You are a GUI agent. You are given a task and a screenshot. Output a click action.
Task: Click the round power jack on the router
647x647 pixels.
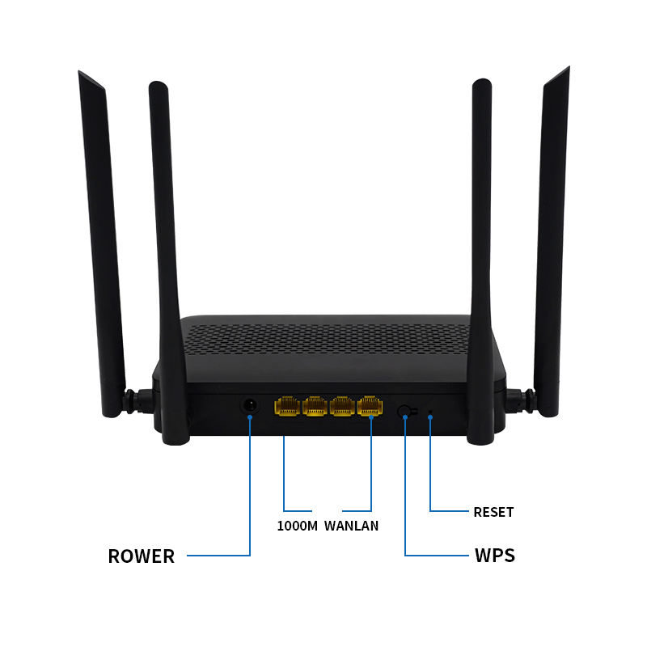coord(250,404)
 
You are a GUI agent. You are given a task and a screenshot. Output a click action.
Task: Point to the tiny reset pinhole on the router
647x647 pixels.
coord(430,416)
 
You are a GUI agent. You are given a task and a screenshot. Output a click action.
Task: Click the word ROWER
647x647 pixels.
coord(141,556)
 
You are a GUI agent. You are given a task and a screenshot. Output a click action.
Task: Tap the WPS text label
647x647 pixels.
coord(494,556)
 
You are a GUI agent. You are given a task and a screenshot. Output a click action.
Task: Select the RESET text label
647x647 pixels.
coord(493,512)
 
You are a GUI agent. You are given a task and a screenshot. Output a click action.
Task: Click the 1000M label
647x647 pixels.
coord(296,526)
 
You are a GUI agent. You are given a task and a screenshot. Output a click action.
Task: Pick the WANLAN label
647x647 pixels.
coord(352,526)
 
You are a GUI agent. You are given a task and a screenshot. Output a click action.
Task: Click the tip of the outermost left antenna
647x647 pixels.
coord(82,74)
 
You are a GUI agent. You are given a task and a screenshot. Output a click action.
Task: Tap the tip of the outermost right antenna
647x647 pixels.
coord(565,70)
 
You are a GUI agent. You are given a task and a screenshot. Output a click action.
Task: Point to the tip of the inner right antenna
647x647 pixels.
coord(482,82)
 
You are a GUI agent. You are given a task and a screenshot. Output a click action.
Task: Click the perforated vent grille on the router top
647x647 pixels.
coord(323,340)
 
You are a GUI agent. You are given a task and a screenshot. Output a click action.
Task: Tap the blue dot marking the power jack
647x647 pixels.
coord(250,417)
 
